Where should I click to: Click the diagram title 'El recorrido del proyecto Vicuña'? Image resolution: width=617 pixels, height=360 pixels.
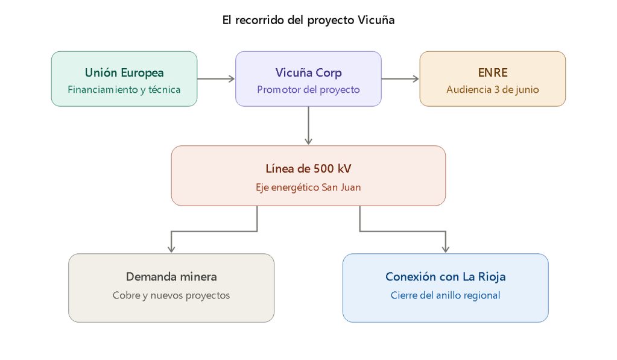308,20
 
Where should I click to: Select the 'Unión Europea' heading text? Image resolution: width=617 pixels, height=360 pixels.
124,73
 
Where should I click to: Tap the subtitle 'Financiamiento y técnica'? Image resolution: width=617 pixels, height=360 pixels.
124,90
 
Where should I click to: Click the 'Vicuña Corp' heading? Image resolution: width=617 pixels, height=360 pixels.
308,73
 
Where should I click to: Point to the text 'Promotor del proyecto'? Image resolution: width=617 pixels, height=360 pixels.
308,90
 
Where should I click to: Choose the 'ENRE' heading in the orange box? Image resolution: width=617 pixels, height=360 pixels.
492,73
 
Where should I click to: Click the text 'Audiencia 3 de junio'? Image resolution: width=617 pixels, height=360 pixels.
492,90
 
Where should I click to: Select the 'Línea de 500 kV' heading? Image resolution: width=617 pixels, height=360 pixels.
308,169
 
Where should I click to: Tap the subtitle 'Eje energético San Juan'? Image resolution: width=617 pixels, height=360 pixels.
308,187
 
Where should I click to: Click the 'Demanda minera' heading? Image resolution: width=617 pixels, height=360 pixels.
171,277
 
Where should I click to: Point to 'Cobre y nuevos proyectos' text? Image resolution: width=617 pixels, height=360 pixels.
171,295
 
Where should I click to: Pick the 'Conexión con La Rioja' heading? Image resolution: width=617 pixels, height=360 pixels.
445,277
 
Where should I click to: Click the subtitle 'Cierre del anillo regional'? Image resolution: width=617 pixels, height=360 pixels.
445,295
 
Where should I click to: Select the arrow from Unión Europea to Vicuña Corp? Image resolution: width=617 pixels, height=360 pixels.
215,78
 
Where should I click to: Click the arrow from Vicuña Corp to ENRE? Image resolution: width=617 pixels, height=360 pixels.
400,78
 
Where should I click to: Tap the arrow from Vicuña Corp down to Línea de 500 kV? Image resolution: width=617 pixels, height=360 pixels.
308,125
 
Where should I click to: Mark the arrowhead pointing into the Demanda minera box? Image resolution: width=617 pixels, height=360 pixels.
171,249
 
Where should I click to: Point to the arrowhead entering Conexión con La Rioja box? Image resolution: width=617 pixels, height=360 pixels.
446,249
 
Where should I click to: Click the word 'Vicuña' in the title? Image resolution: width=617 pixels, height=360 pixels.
376,20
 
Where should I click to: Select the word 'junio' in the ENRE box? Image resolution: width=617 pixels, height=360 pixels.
527,90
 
